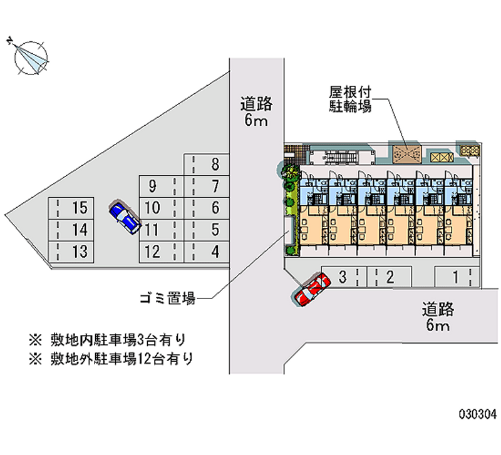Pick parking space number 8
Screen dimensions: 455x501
point(210,165)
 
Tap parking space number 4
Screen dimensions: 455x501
point(210,252)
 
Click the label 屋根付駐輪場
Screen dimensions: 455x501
point(351,98)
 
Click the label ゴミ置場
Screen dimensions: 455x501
point(167,299)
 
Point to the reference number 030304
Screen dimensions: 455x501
point(478,414)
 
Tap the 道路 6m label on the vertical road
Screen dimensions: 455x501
point(256,111)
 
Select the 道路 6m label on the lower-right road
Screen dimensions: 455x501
point(438,317)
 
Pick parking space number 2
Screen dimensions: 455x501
point(389,276)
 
